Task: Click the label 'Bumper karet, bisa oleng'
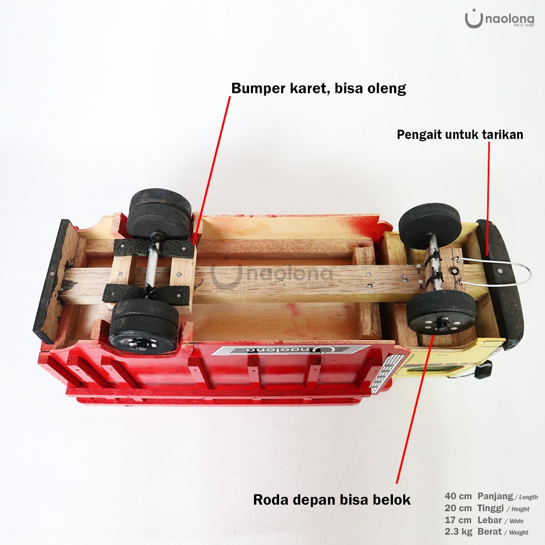click(319, 88)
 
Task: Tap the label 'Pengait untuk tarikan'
click(460, 135)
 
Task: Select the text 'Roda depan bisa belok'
click(331, 500)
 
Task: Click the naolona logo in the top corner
click(499, 19)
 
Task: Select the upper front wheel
click(430, 223)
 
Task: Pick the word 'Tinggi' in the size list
click(490, 508)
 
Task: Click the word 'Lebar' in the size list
click(489, 519)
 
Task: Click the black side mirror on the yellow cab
click(482, 372)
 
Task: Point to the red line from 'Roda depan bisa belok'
click(414, 409)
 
